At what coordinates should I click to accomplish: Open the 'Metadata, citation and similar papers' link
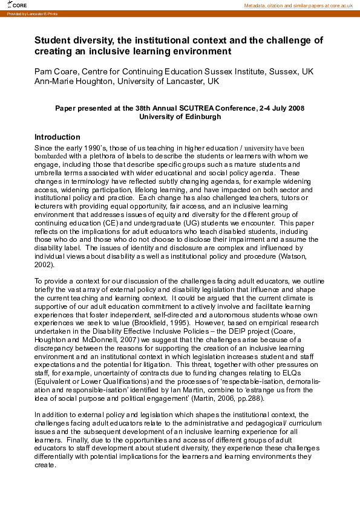[x=298, y=5]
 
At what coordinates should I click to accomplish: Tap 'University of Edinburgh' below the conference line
[x=180, y=117]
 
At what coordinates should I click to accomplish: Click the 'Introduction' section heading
[x=57, y=137]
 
